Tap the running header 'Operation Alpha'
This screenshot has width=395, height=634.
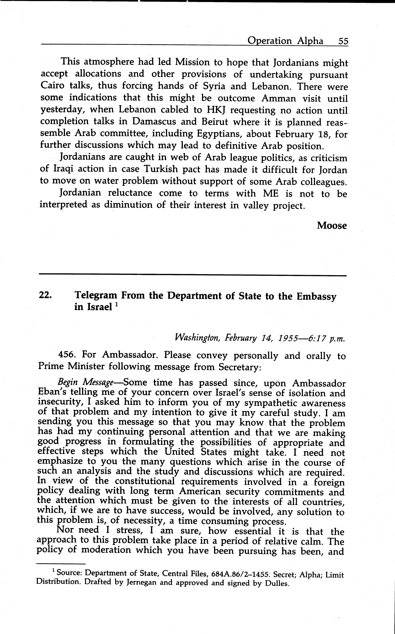click(285, 41)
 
